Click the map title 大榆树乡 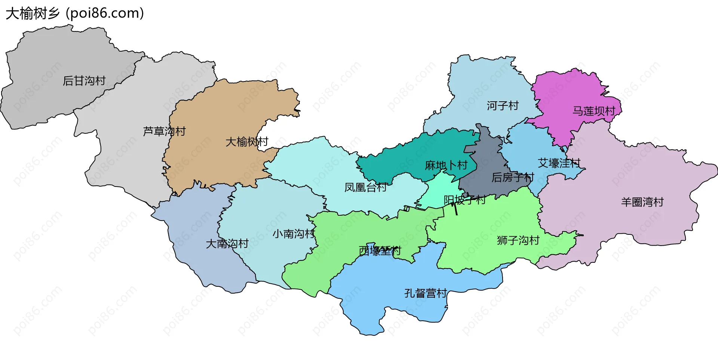click(33, 13)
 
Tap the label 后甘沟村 click(84, 81)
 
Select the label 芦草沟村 click(164, 131)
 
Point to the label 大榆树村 click(247, 142)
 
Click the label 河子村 click(503, 106)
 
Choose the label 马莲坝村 click(594, 111)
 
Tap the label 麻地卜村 click(446, 165)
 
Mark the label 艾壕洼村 click(559, 163)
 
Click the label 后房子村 click(513, 177)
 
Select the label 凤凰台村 click(366, 187)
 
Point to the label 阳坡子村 click(464, 200)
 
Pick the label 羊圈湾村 click(642, 202)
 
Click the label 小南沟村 click(294, 234)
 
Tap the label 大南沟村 click(227, 244)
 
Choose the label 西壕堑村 click(380, 251)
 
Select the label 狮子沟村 click(518, 240)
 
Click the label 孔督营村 click(426, 293)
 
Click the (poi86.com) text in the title click(105, 13)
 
